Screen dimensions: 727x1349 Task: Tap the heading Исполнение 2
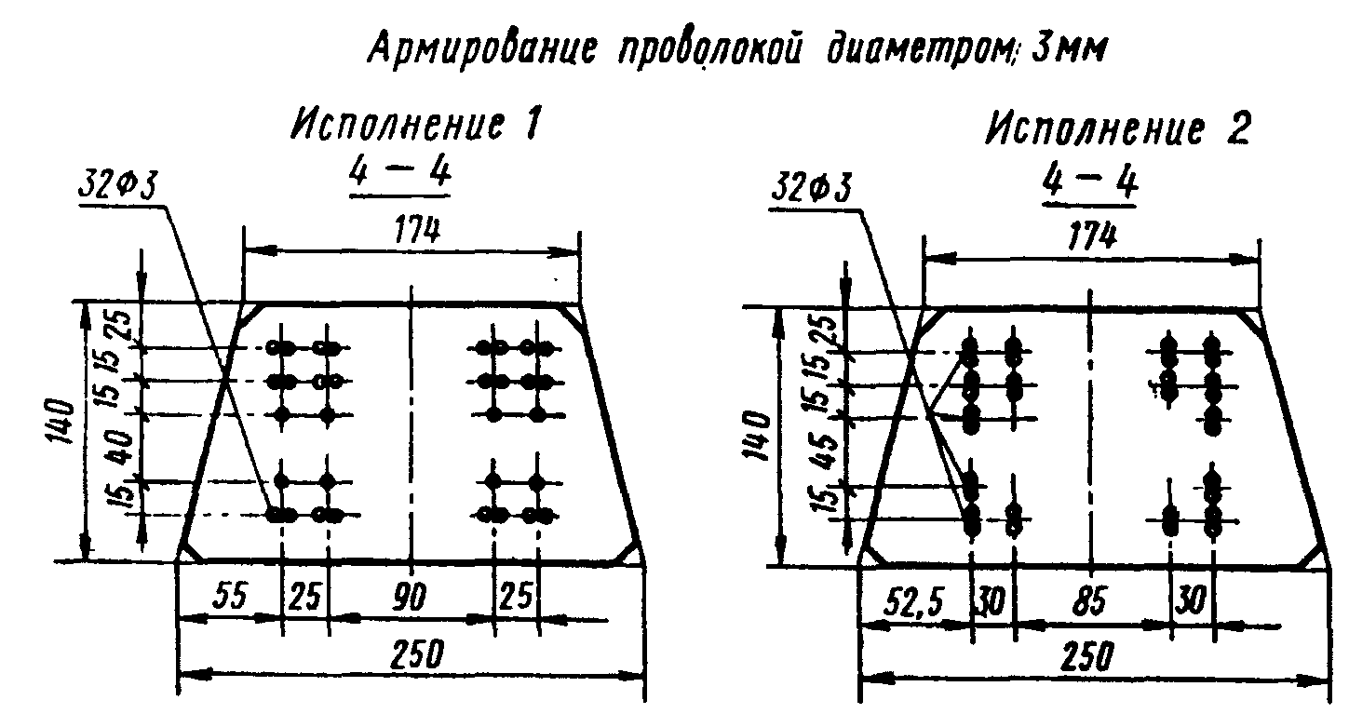(1118, 131)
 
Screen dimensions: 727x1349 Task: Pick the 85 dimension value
(1088, 604)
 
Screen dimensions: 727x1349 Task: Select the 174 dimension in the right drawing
(1092, 236)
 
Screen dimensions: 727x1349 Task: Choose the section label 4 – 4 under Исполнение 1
(398, 175)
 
